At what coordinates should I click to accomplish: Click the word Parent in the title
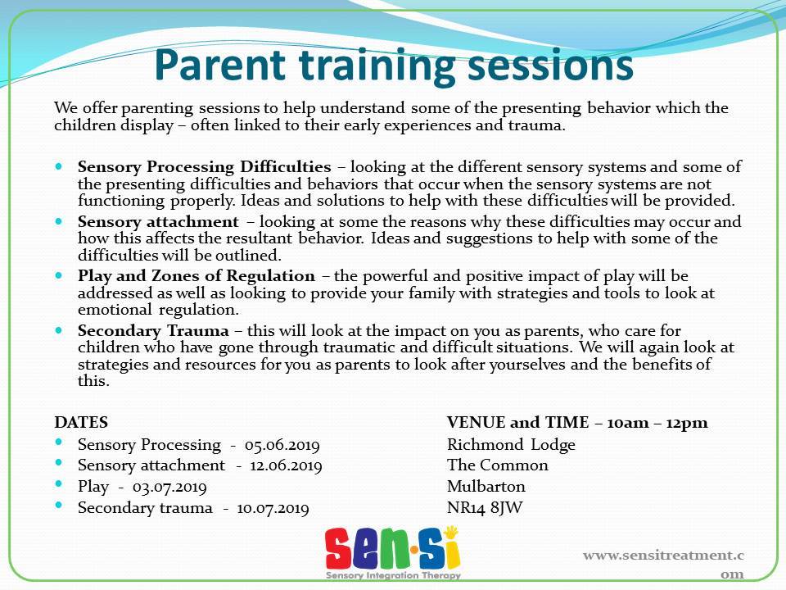coord(220,65)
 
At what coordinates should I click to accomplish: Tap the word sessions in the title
coord(550,66)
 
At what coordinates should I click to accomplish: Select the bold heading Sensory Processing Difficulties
coord(205,167)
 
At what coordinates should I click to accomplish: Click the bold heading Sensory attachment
coord(158,221)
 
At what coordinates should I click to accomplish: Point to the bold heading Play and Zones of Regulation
coord(196,276)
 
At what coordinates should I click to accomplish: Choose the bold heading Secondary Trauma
coord(153,331)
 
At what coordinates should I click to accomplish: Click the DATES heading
coord(81,423)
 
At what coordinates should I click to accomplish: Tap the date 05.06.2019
coord(282,445)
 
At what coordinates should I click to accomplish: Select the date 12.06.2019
coord(286,466)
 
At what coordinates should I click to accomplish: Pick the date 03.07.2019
coord(169,487)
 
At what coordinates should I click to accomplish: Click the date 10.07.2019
coord(273,508)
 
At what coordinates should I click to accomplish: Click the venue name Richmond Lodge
coord(511,445)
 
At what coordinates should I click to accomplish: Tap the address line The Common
coord(498,465)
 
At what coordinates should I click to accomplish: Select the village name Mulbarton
coord(486,486)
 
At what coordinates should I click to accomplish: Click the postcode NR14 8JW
coord(485,508)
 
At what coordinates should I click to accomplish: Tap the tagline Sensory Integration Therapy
coord(393,575)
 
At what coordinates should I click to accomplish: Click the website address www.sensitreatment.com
coord(663,565)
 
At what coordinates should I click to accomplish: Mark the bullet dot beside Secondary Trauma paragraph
coord(59,330)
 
